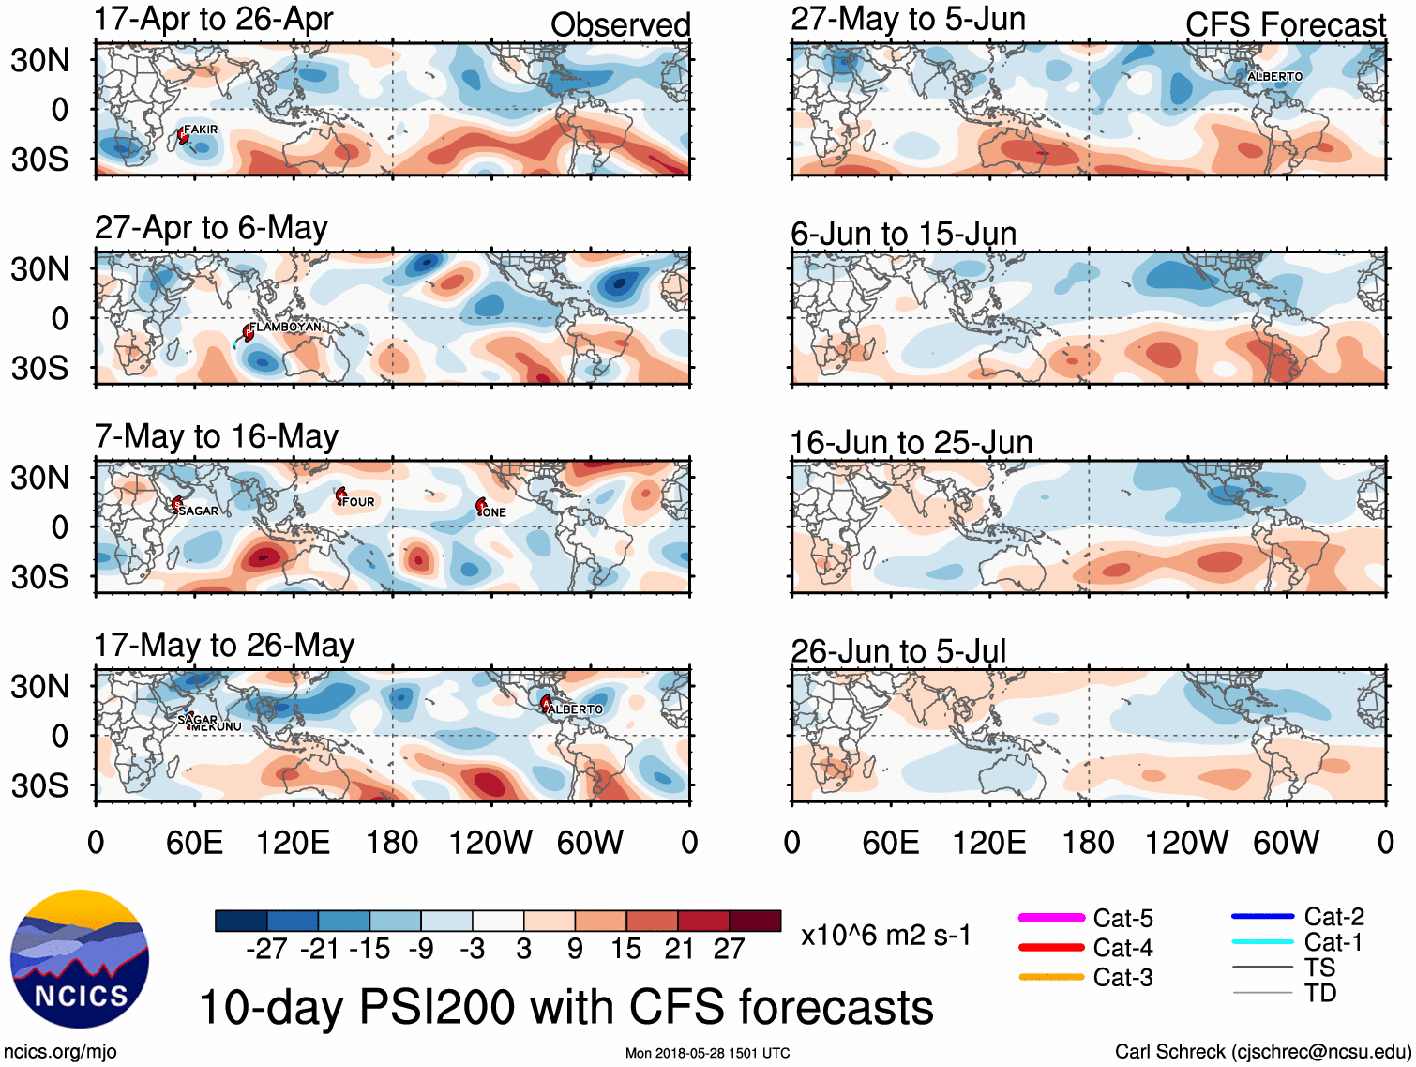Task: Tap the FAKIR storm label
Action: point(201,130)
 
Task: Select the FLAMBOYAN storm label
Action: point(285,327)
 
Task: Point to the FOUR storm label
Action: point(358,502)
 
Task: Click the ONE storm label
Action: point(493,512)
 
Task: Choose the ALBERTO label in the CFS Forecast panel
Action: point(1274,76)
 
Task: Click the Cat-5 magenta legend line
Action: point(1051,918)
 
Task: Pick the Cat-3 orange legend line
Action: point(1051,977)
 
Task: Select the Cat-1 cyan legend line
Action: point(1262,942)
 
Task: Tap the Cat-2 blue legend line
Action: point(1262,916)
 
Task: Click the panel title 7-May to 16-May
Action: point(216,436)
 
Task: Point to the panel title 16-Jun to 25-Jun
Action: point(911,442)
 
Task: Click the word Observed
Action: point(620,24)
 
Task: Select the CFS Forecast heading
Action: point(1285,24)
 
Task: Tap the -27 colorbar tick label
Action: point(266,949)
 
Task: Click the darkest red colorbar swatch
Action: point(755,921)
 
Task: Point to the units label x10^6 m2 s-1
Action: point(885,936)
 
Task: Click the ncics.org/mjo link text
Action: point(60,1052)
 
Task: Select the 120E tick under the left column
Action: point(293,842)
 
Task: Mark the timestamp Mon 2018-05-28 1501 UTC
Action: point(707,1053)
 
